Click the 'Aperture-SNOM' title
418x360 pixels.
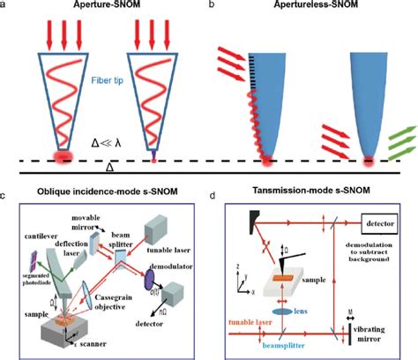(102, 6)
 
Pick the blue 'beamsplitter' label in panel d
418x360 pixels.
(285, 347)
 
